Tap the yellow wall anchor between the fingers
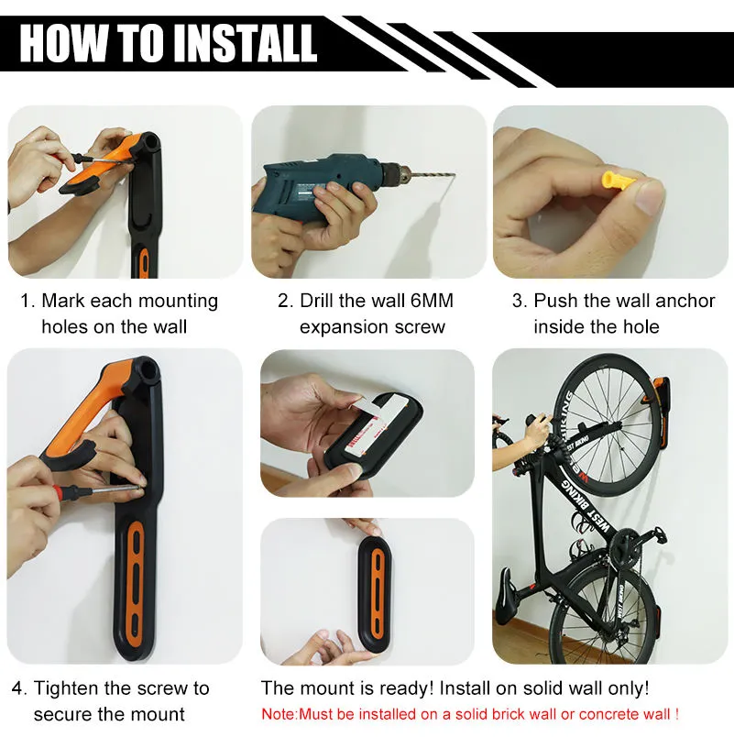pyautogui.click(x=618, y=180)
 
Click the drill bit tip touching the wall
pyautogui.click(x=454, y=175)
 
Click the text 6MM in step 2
pyautogui.click(x=432, y=301)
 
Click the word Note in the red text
pyautogui.click(x=278, y=715)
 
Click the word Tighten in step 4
pyautogui.click(x=66, y=688)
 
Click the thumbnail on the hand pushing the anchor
pyautogui.click(x=649, y=197)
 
